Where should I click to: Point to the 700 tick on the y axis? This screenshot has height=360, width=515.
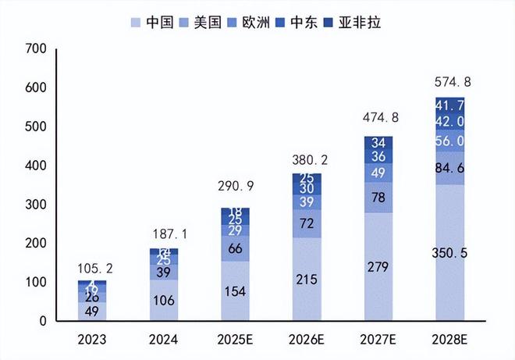[37, 49]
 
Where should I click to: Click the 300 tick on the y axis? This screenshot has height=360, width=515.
[37, 205]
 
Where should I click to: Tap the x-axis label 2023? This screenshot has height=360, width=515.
[93, 340]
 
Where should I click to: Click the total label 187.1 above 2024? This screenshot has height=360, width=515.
[165, 233]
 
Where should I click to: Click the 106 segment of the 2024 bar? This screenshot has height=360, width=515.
[163, 300]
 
